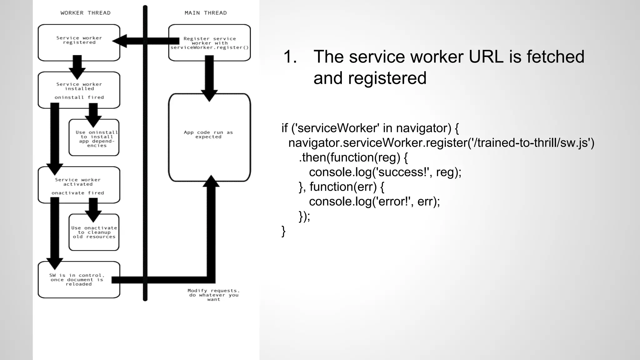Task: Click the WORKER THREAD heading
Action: pyautogui.click(x=85, y=13)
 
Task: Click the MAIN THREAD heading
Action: pyautogui.click(x=206, y=13)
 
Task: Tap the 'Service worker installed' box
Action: pyautogui.click(x=79, y=90)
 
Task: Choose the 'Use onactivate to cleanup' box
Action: pyautogui.click(x=94, y=232)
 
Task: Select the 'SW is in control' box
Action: pyautogui.click(x=78, y=280)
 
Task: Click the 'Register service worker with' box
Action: pyautogui.click(x=209, y=43)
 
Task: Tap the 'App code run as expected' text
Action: pyautogui.click(x=208, y=135)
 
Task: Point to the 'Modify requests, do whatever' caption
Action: pyautogui.click(x=214, y=295)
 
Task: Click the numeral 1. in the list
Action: pyautogui.click(x=290, y=57)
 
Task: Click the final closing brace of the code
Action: pyautogui.click(x=283, y=231)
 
